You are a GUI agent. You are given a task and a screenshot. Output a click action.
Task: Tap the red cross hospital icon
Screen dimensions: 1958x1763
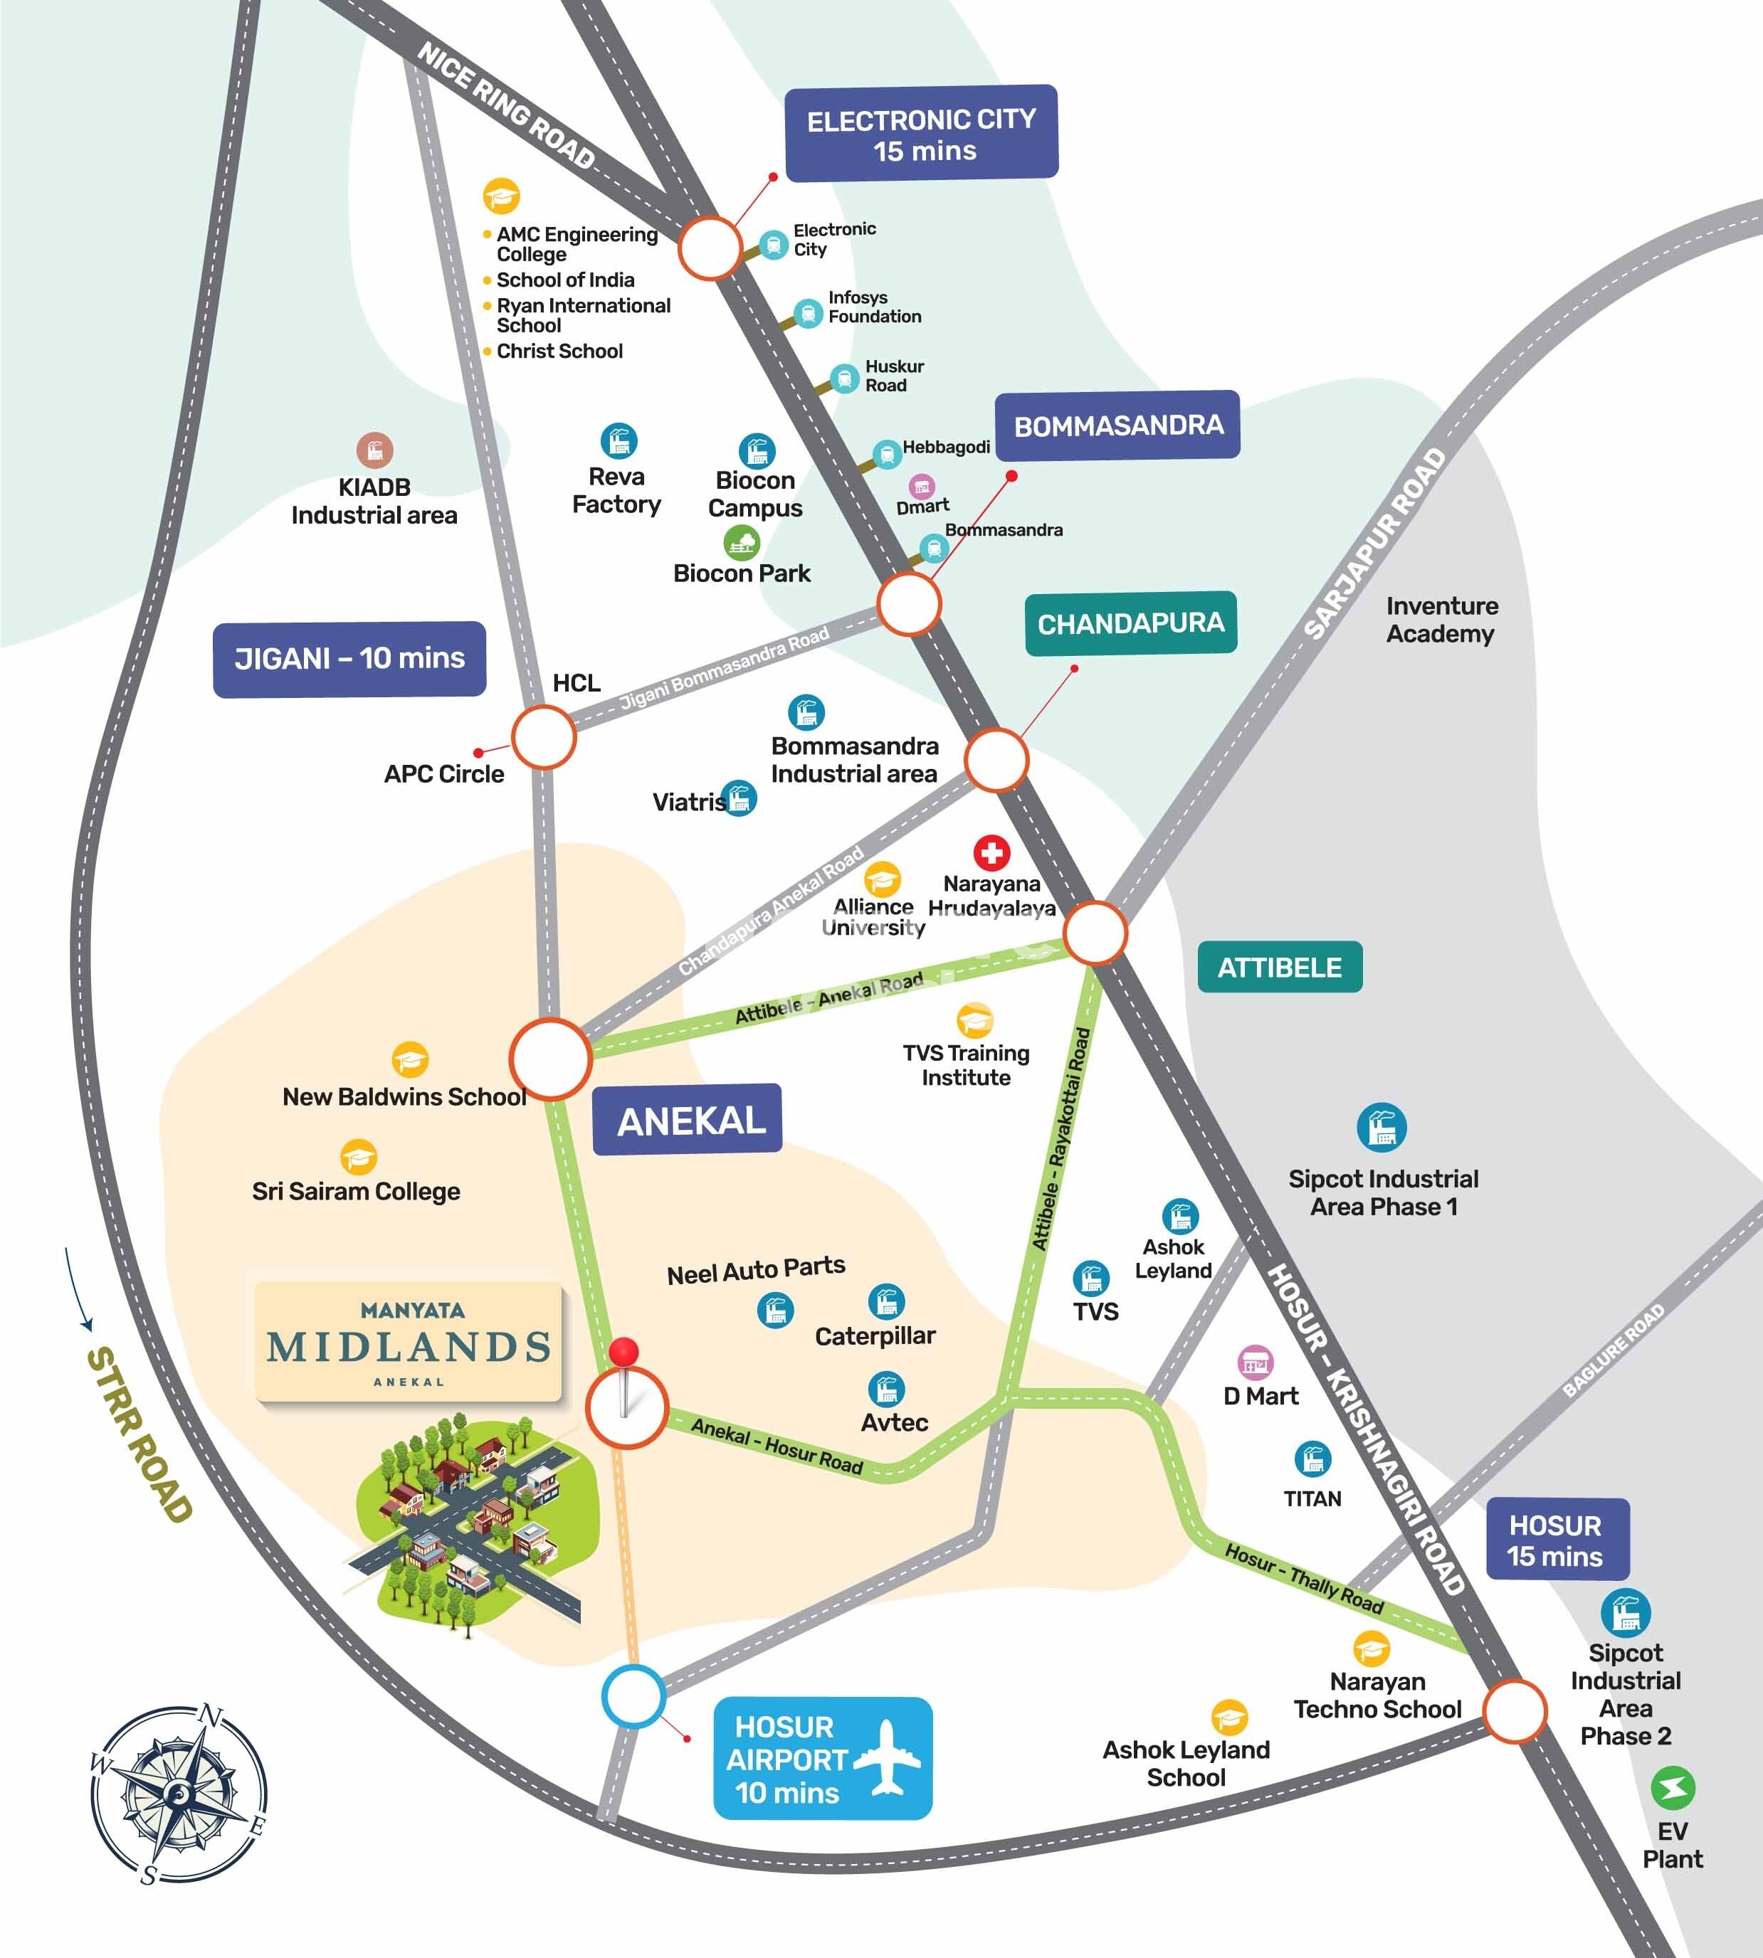coord(991,853)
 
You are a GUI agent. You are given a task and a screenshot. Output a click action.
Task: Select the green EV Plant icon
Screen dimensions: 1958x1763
coord(1672,1789)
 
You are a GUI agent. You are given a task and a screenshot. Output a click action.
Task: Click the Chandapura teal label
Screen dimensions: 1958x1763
coord(1130,624)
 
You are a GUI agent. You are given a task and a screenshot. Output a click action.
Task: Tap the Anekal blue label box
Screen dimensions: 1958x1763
coord(687,1119)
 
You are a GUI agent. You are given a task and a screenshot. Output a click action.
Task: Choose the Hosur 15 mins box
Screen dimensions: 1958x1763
coord(1557,1540)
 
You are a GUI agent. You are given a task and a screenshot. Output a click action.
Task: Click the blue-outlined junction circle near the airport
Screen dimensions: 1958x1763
coord(633,1695)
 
